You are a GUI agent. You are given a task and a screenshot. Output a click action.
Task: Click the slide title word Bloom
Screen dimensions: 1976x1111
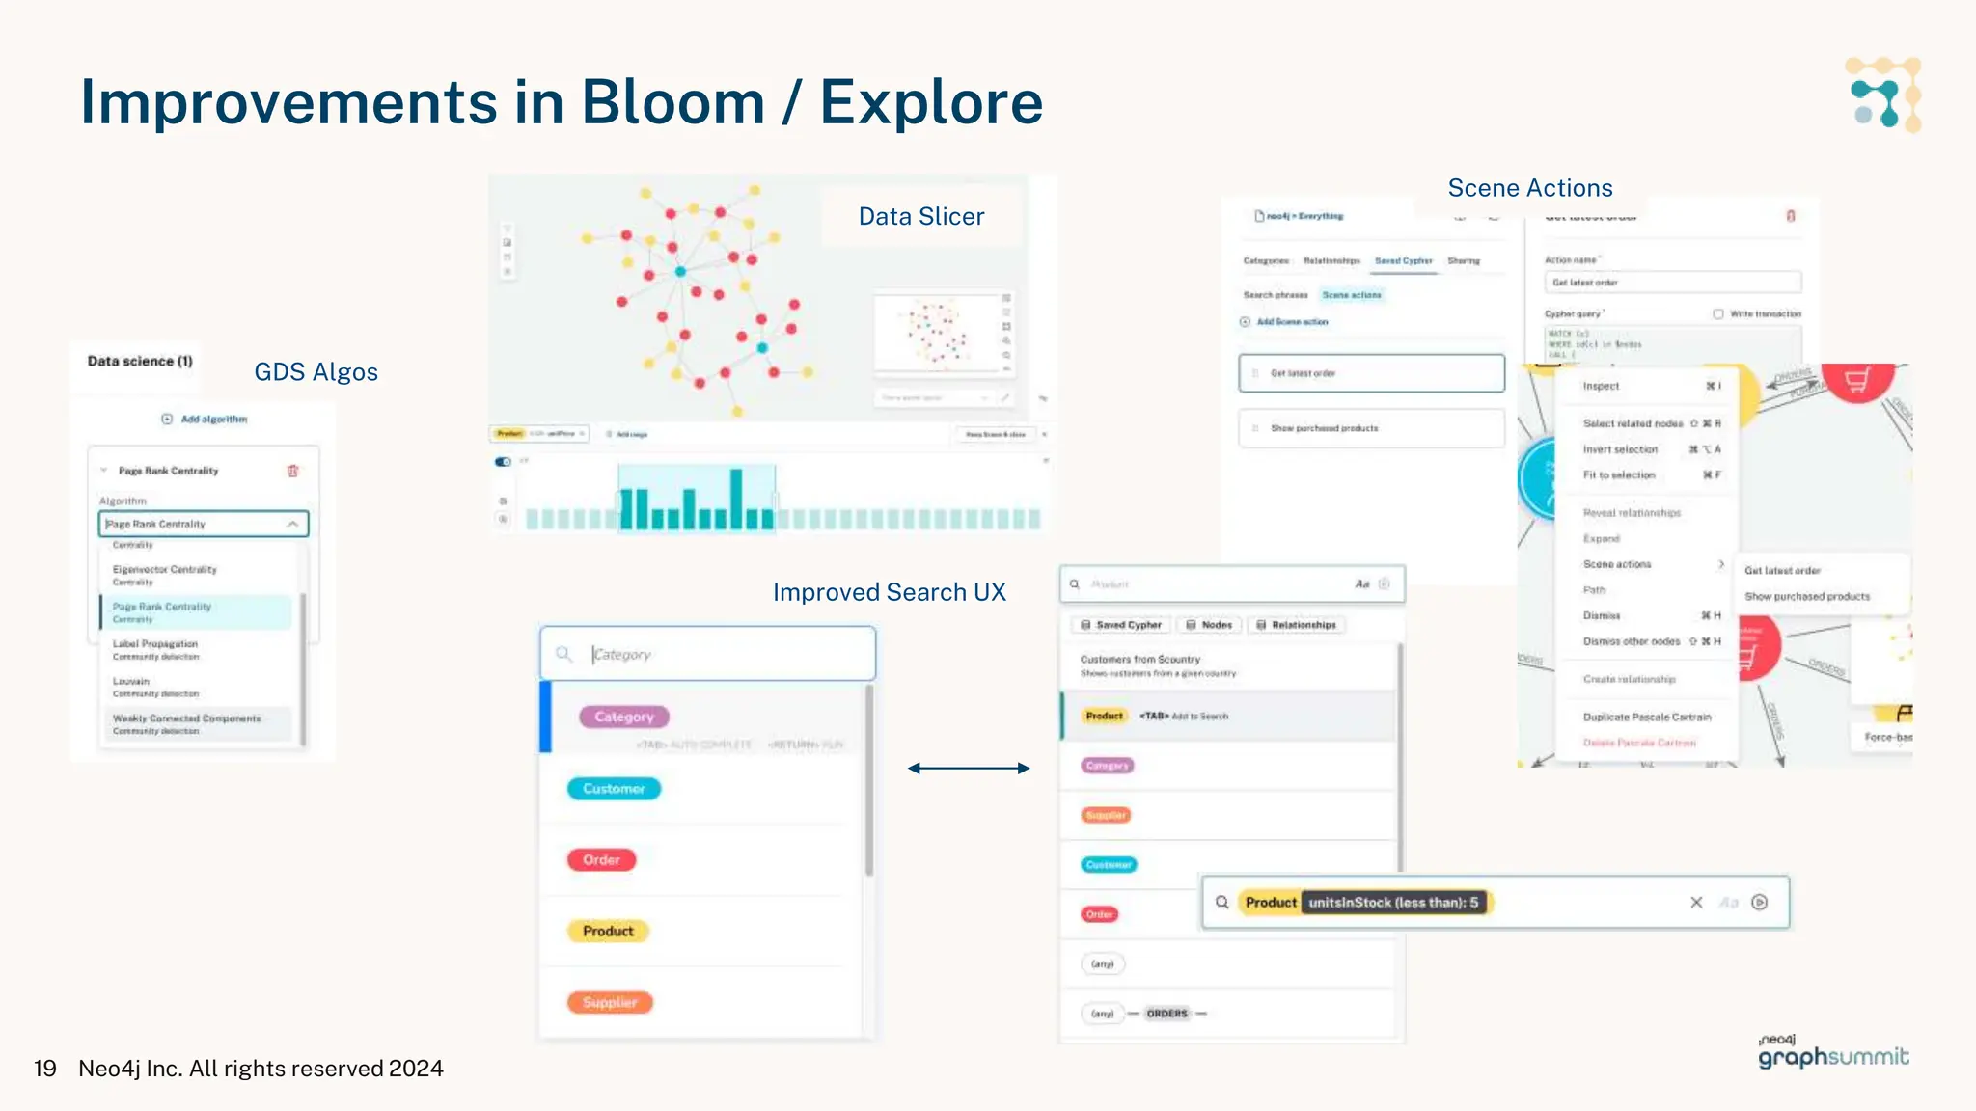coord(672,102)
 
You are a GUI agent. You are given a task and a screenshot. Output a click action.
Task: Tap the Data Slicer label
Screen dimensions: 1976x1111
coord(921,217)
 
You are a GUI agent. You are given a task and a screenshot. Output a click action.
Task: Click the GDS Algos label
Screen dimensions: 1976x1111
coord(316,372)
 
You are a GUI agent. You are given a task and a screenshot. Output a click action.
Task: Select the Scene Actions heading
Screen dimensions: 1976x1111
coord(1530,188)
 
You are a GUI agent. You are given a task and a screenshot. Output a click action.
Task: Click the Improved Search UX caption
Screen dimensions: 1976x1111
coord(889,592)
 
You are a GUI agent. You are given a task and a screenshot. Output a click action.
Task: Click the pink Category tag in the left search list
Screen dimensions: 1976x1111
coord(624,717)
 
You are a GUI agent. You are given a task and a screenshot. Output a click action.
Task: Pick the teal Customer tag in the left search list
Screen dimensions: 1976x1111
coord(614,789)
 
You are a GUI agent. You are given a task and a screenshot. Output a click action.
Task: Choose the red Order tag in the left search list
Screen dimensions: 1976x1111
coord(601,859)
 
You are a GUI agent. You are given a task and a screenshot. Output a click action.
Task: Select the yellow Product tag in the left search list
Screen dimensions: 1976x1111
coord(608,931)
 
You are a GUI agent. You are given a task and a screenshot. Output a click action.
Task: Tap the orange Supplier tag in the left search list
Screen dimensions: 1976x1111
coord(610,1002)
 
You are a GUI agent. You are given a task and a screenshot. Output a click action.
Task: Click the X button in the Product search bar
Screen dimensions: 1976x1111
coord(1696,903)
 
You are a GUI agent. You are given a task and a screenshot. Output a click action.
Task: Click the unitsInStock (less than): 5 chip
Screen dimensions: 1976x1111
coord(1392,903)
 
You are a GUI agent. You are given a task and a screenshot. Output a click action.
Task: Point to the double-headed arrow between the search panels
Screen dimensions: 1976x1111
coord(969,769)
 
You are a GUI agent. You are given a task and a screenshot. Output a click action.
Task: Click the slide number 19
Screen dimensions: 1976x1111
coord(44,1069)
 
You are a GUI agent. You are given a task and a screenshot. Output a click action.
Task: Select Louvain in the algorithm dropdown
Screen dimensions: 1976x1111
coord(131,682)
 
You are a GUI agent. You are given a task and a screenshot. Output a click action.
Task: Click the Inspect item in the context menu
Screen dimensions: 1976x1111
coord(1602,386)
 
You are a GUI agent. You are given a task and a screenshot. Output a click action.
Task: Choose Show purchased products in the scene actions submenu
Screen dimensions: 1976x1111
coord(1806,597)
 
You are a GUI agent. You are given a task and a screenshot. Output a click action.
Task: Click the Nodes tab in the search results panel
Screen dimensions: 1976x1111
coord(1210,625)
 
